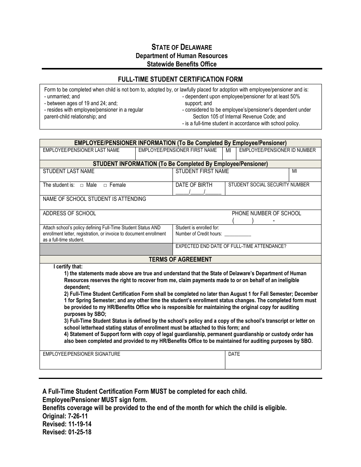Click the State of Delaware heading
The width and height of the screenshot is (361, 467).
[x=182, y=47]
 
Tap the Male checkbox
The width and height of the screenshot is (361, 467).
[x=82, y=185]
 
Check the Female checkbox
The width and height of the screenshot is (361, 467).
[x=105, y=185]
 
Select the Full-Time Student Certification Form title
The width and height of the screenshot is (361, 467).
[x=180, y=79]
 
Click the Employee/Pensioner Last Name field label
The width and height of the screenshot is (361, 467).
[x=81, y=150]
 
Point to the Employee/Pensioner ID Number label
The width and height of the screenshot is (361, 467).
[x=277, y=150]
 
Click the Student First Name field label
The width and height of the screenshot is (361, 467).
[x=202, y=171]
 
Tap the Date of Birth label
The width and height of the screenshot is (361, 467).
[x=194, y=185]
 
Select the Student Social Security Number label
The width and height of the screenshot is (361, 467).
[x=269, y=185]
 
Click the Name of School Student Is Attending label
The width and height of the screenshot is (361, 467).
[x=94, y=199]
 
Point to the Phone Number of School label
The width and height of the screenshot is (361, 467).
[x=266, y=213]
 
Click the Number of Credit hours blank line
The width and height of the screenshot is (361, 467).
[x=237, y=235]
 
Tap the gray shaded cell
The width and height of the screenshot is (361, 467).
[x=106, y=249]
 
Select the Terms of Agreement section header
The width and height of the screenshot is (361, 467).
[x=180, y=259]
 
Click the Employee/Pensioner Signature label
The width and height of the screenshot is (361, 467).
[x=81, y=354]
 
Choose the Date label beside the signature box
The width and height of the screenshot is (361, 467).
[x=234, y=354]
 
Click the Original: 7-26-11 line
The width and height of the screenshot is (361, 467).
[x=65, y=416]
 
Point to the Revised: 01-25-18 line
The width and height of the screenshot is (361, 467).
[x=67, y=432]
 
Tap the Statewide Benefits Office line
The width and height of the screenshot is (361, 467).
[x=182, y=64]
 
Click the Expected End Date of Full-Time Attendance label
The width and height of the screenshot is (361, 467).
[x=231, y=246]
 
